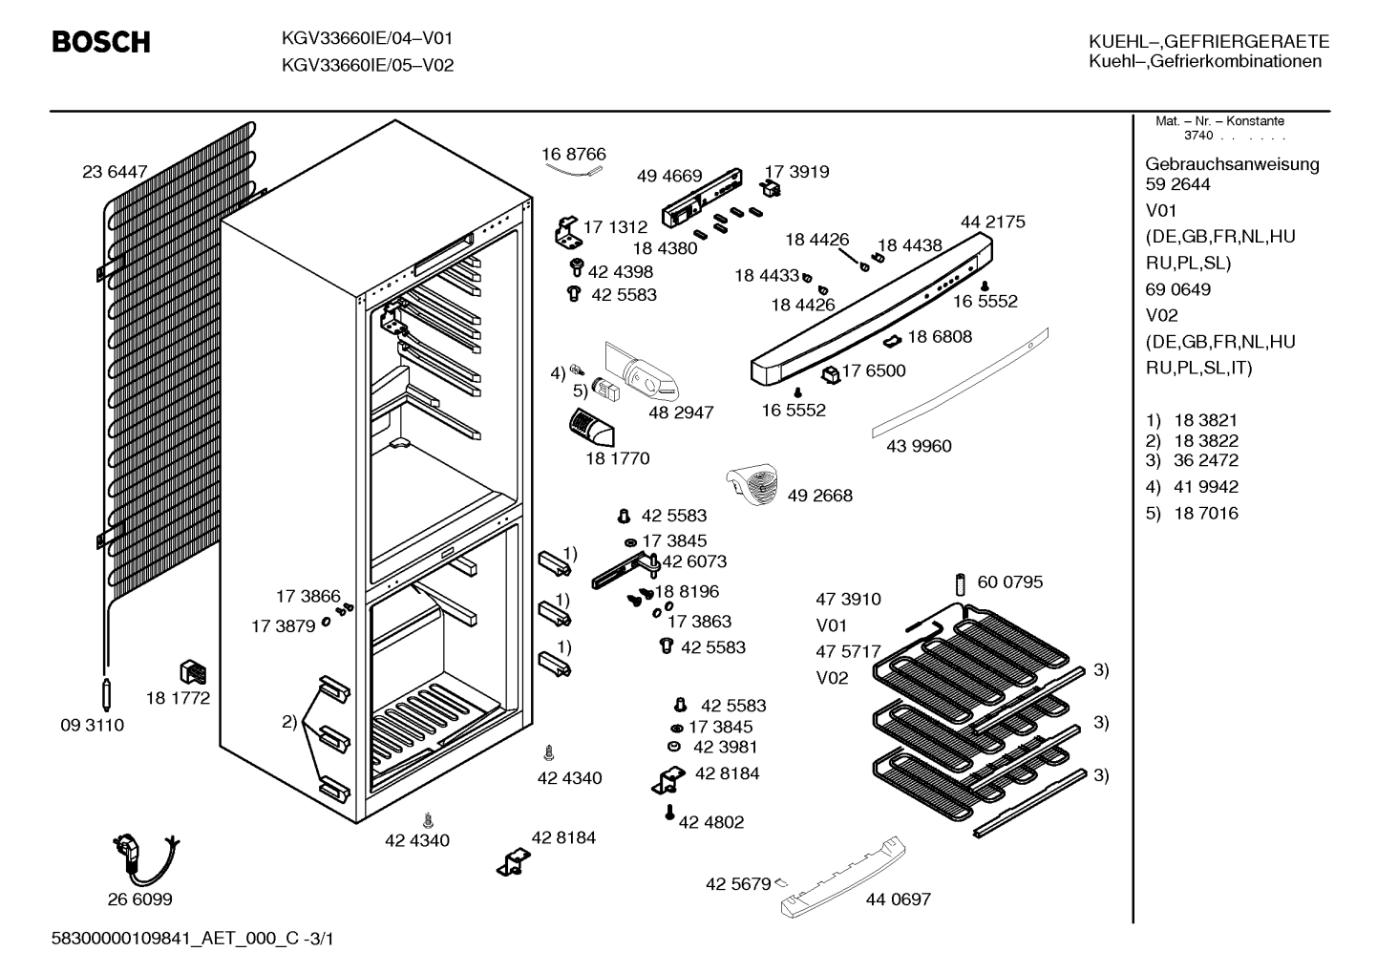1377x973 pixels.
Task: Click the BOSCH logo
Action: point(101,42)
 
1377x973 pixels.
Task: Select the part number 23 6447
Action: point(115,172)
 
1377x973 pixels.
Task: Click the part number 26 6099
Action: point(140,899)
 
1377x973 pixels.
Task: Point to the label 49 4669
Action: point(669,176)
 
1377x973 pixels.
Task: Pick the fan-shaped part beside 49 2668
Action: point(752,484)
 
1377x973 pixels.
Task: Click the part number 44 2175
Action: point(993,222)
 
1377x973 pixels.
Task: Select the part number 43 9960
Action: point(919,446)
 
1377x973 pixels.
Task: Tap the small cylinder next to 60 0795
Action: point(961,584)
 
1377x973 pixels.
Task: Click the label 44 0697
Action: point(899,899)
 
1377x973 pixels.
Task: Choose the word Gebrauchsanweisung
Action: point(1233,165)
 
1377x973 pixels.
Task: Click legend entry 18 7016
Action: point(1206,513)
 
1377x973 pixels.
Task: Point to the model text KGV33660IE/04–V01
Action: point(367,38)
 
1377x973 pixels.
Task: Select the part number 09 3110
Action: point(93,725)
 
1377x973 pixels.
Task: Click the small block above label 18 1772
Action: point(192,672)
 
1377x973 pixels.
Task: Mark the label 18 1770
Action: point(618,458)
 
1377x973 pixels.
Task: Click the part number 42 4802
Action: point(711,822)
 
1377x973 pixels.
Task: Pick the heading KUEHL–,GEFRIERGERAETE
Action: point(1209,41)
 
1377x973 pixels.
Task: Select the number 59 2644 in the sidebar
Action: point(1177,183)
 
